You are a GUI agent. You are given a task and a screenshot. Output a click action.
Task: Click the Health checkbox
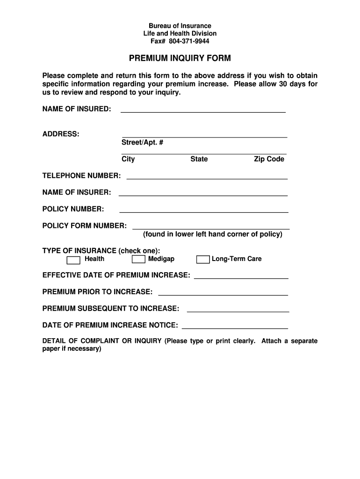(73, 260)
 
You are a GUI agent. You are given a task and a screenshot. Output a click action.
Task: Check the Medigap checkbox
(138, 260)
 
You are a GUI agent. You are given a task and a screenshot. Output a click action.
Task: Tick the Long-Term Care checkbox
(203, 260)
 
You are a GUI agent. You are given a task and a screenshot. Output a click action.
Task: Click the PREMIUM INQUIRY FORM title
(180, 58)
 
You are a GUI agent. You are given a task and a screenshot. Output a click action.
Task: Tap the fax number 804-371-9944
(189, 41)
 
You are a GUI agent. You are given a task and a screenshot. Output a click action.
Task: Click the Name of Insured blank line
(203, 111)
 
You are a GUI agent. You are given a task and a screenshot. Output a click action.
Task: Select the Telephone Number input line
(207, 178)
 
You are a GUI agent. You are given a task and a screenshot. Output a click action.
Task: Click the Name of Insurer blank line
(203, 195)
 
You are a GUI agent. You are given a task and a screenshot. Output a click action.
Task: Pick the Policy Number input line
(203, 211)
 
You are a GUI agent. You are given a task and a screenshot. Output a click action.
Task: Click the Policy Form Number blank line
(211, 228)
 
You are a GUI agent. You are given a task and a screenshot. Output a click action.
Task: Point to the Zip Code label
(269, 159)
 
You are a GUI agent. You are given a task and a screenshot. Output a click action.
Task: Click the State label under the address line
(199, 159)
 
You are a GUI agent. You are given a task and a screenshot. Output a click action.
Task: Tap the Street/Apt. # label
(143, 142)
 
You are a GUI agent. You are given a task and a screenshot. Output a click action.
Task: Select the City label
(128, 159)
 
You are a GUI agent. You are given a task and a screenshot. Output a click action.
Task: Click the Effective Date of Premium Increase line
(241, 277)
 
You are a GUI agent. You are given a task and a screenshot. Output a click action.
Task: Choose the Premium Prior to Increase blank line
(223, 294)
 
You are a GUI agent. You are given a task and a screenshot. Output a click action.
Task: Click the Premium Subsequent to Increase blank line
(238, 311)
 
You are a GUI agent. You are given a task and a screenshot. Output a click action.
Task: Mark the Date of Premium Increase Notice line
(235, 327)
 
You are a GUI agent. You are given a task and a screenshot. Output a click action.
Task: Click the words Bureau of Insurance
(180, 26)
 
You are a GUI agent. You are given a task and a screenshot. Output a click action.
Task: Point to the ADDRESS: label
(61, 134)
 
